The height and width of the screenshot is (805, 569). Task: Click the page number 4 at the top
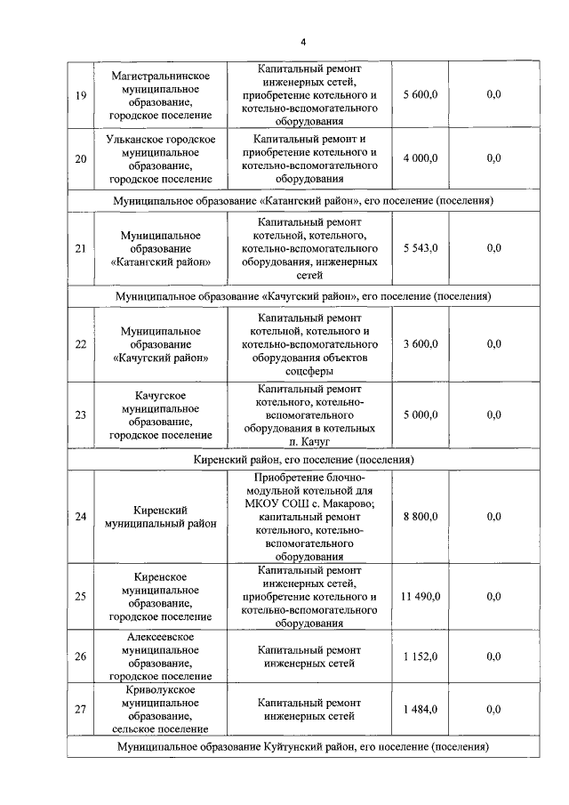(x=302, y=42)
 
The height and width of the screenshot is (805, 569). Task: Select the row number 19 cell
(x=81, y=95)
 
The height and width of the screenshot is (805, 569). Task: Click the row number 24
(x=81, y=517)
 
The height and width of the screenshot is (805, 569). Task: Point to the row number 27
(x=81, y=709)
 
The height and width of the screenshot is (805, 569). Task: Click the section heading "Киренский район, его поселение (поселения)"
(x=303, y=460)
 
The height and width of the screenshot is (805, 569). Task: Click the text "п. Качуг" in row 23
(x=309, y=441)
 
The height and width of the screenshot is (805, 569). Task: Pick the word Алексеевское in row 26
(x=160, y=637)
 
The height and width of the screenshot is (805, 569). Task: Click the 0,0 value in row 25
(x=493, y=597)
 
